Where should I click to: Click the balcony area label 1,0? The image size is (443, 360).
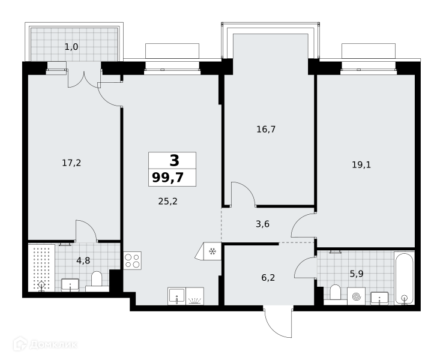tap(71, 47)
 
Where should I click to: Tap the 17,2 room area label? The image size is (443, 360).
tap(71, 163)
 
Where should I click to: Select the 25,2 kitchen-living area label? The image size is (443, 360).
tap(168, 202)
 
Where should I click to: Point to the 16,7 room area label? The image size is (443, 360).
tap(266, 130)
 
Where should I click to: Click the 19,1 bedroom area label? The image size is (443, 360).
tap(361, 164)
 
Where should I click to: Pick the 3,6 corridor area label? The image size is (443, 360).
tap(262, 224)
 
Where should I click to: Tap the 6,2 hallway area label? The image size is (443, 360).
tap(268, 278)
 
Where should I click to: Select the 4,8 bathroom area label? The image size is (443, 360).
tap(83, 260)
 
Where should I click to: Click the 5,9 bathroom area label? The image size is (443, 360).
tap(357, 274)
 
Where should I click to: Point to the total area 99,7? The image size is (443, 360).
tap(168, 178)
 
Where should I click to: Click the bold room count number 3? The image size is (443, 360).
tap(174, 160)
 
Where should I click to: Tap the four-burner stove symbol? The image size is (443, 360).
tap(133, 260)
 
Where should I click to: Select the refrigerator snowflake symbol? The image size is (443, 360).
tap(212, 251)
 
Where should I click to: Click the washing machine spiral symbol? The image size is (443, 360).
tap(356, 296)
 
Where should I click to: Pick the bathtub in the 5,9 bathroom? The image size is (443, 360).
tap(405, 278)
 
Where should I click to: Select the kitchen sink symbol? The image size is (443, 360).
tap(176, 296)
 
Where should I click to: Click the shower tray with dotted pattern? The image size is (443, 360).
tap(41, 268)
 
